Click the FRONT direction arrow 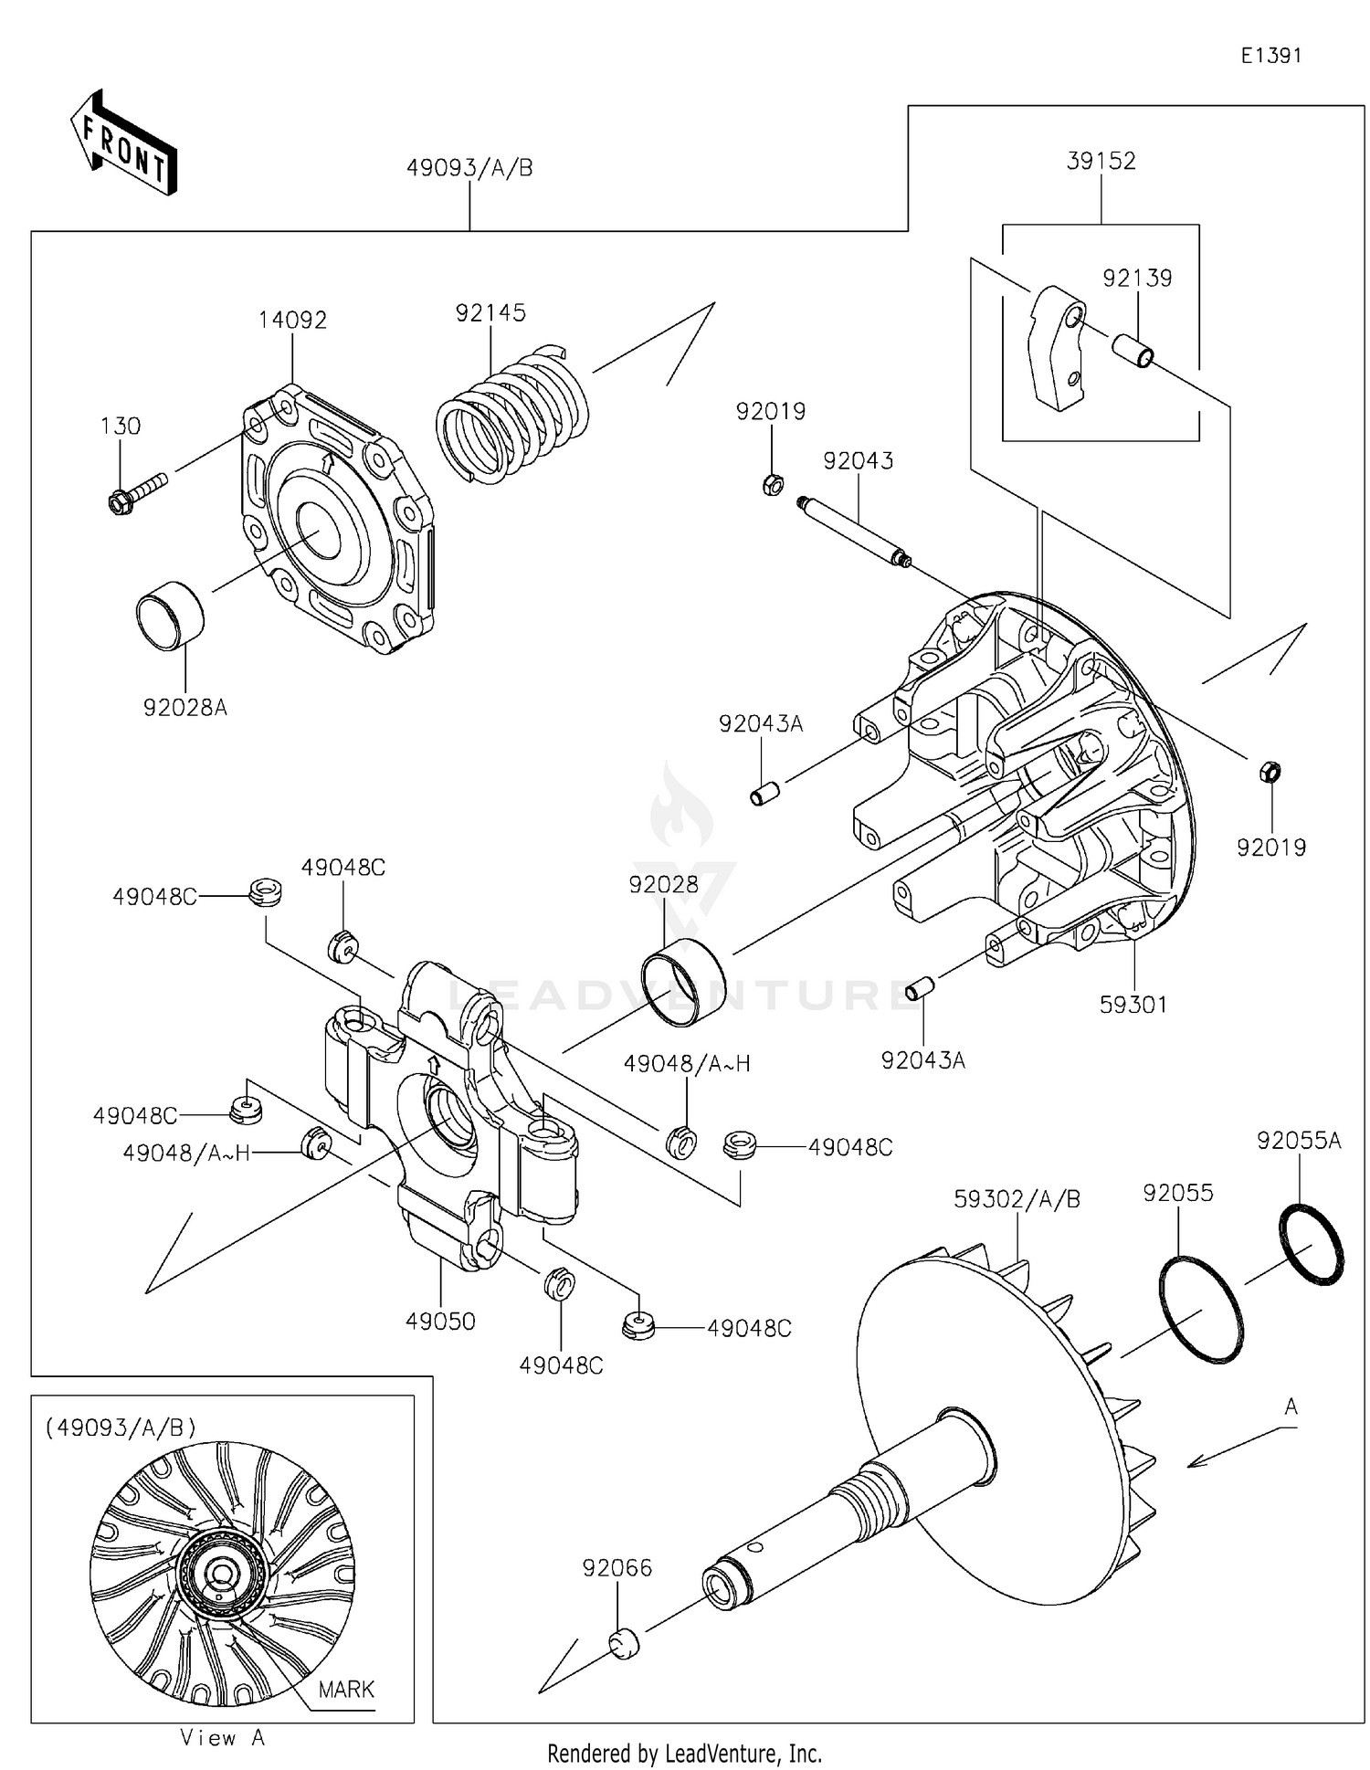[123, 143]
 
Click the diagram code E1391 [1270, 56]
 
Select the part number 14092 [292, 320]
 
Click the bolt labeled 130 [137, 490]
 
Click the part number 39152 [1101, 161]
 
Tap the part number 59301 [1133, 1005]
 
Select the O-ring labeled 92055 [1200, 1310]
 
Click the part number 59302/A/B [1017, 1199]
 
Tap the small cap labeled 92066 [624, 1644]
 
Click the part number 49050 [440, 1321]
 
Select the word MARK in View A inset [346, 1689]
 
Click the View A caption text [222, 1738]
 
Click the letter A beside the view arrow [1291, 1407]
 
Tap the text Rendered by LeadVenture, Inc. [684, 1754]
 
